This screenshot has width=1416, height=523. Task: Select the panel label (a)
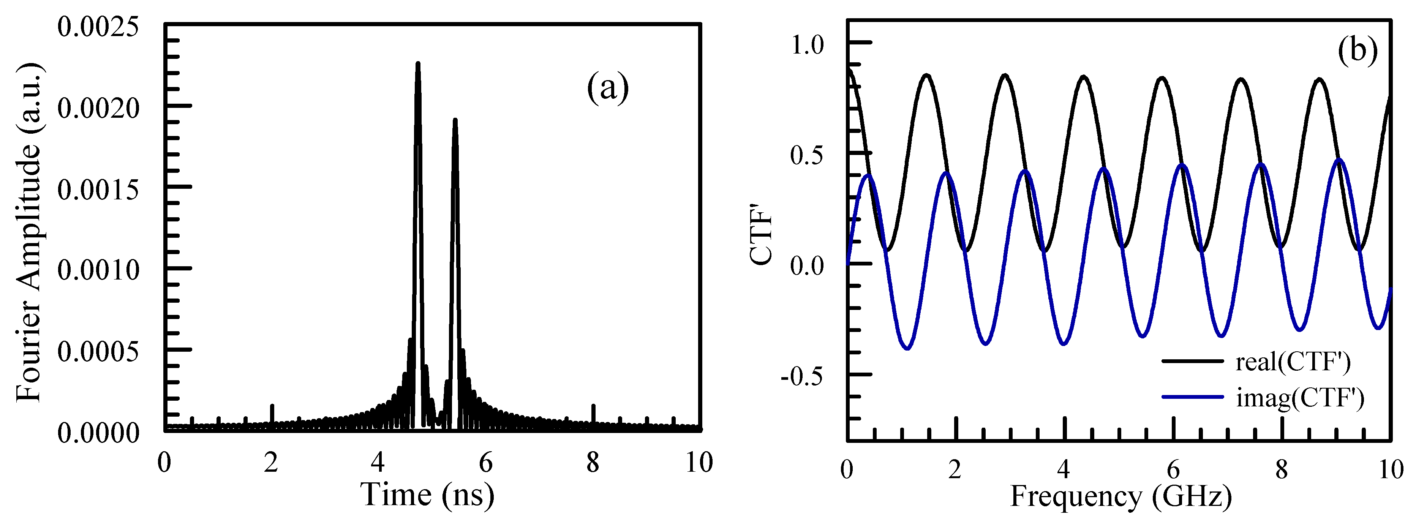[607, 88]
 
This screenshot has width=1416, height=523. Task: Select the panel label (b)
[1357, 51]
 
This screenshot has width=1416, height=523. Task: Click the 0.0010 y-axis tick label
[98, 270]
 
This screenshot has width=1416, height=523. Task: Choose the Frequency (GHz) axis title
[1121, 496]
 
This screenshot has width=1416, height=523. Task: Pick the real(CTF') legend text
[1293, 362]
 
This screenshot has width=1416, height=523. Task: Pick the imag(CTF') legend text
[1300, 397]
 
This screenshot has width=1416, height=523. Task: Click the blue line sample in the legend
[1192, 397]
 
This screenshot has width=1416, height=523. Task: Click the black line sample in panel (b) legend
[1192, 361]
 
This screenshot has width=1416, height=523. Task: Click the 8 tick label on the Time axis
[593, 463]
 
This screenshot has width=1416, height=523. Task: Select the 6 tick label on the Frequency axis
[1173, 470]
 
